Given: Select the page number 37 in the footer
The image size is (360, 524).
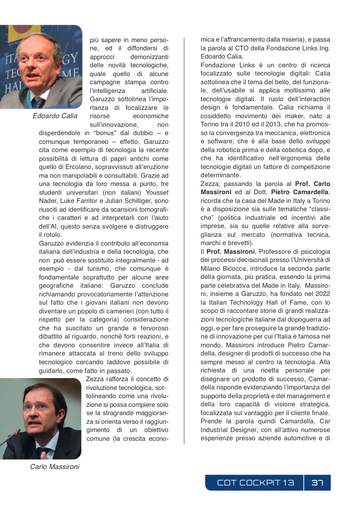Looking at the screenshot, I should (x=317, y=483).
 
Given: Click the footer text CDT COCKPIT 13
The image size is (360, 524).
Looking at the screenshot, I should (x=255, y=483).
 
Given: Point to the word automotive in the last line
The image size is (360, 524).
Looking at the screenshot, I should (x=302, y=438).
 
